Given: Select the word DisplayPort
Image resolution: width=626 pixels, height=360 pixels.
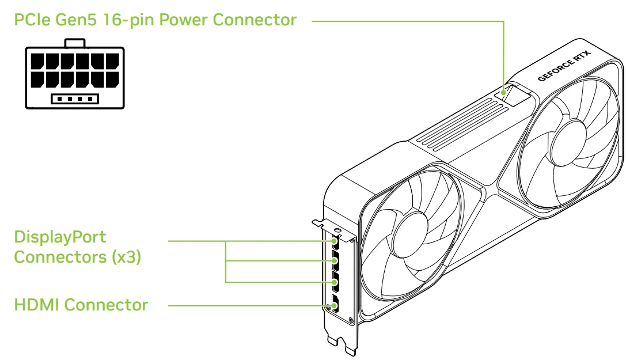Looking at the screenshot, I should click(55, 237).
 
